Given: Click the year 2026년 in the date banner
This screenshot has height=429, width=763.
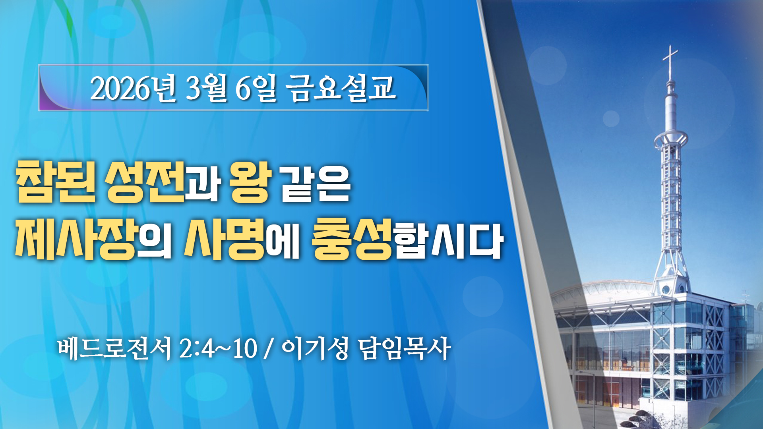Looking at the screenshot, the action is click(x=133, y=88).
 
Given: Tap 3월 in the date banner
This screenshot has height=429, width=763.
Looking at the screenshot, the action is click(x=206, y=88).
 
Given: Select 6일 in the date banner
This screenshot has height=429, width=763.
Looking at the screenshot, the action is click(x=256, y=88).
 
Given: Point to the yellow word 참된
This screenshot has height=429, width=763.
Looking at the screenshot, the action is click(x=56, y=182).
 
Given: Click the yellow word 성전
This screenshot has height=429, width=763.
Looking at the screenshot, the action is click(x=145, y=182).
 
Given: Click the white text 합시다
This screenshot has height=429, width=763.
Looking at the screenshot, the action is click(x=449, y=241).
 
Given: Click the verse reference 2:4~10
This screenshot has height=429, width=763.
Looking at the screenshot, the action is click(x=218, y=348).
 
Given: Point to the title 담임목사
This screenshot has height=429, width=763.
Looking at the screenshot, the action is click(x=404, y=348).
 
